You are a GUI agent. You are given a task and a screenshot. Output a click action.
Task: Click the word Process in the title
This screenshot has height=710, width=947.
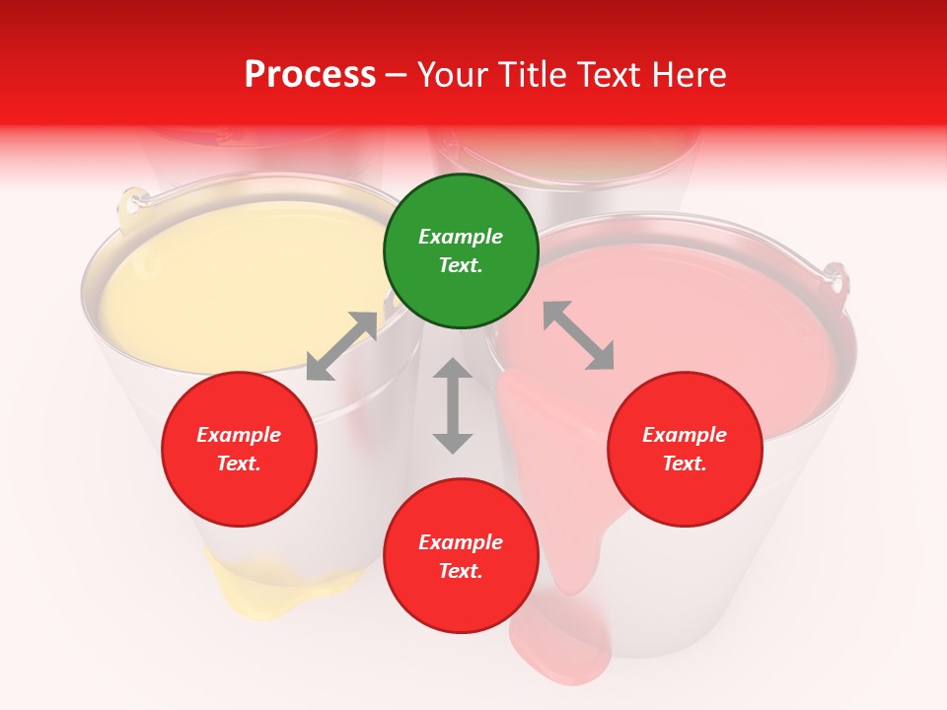pyautogui.click(x=310, y=75)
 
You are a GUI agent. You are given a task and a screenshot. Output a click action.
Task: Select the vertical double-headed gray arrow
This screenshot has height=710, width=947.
pyautogui.click(x=453, y=405)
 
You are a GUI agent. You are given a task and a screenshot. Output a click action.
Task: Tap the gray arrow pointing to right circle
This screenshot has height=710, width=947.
pyautogui.click(x=578, y=335)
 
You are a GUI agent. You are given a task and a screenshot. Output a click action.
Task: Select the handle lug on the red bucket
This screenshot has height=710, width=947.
pyautogui.click(x=836, y=279)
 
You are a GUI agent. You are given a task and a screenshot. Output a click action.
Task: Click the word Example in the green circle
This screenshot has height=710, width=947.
pyautogui.click(x=461, y=237)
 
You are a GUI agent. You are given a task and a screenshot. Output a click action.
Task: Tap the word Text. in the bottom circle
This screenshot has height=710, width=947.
pyautogui.click(x=461, y=571)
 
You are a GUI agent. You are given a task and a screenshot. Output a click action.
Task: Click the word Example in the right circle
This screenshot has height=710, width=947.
pyautogui.click(x=685, y=435)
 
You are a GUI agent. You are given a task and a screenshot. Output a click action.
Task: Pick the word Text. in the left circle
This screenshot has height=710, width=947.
pyautogui.click(x=239, y=463)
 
